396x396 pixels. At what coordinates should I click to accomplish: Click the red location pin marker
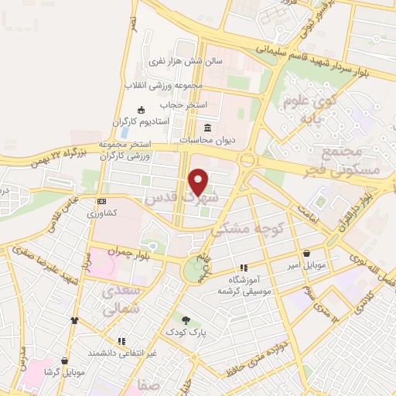pyautogui.click(x=200, y=183)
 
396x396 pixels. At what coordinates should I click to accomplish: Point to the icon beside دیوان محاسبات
pyautogui.click(x=207, y=128)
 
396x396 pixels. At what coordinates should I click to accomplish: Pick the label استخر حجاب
pyautogui.click(x=180, y=103)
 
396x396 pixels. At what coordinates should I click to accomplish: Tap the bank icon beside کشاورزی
pyautogui.click(x=102, y=201)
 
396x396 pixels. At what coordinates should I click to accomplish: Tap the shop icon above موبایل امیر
pyautogui.click(x=307, y=253)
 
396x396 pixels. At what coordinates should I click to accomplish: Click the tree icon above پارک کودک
pyautogui.click(x=186, y=319)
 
